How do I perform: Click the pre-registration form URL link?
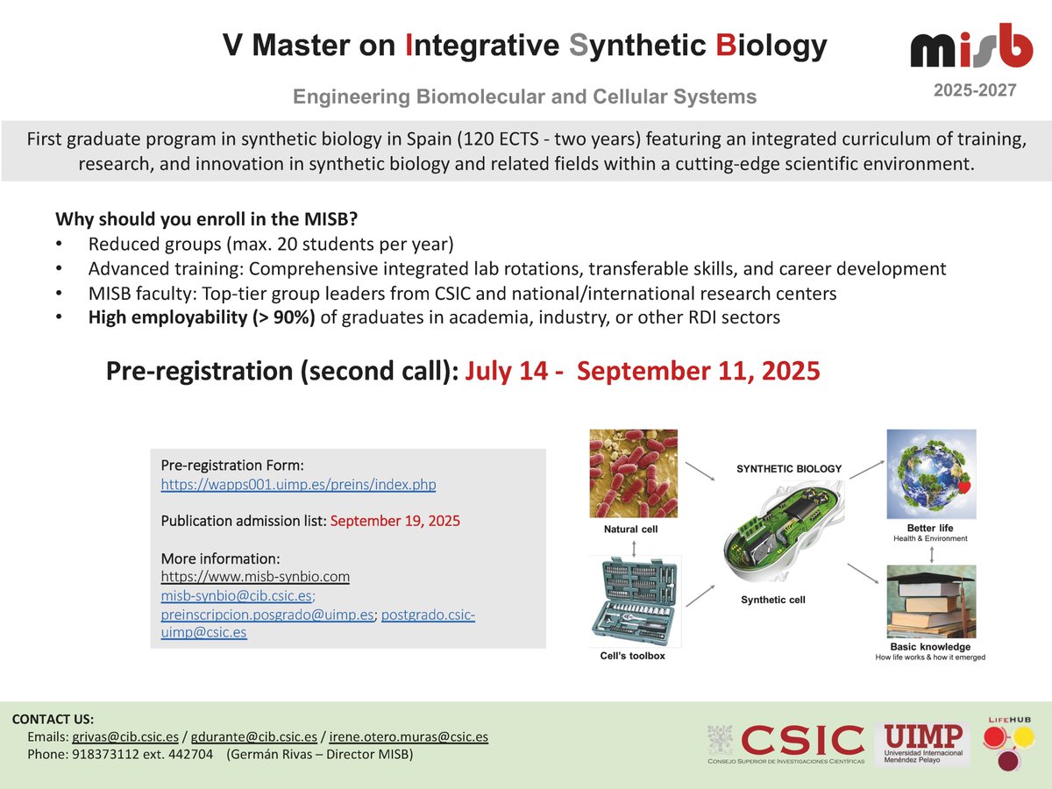tap(298, 484)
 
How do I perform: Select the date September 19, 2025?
tap(394, 521)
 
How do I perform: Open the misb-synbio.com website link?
tap(255, 576)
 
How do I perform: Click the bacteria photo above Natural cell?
tap(633, 473)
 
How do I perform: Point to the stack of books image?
tap(930, 601)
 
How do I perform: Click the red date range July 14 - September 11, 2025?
tap(643, 371)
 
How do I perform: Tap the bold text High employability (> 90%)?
tap(203, 317)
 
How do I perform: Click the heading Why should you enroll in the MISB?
tap(201, 218)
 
